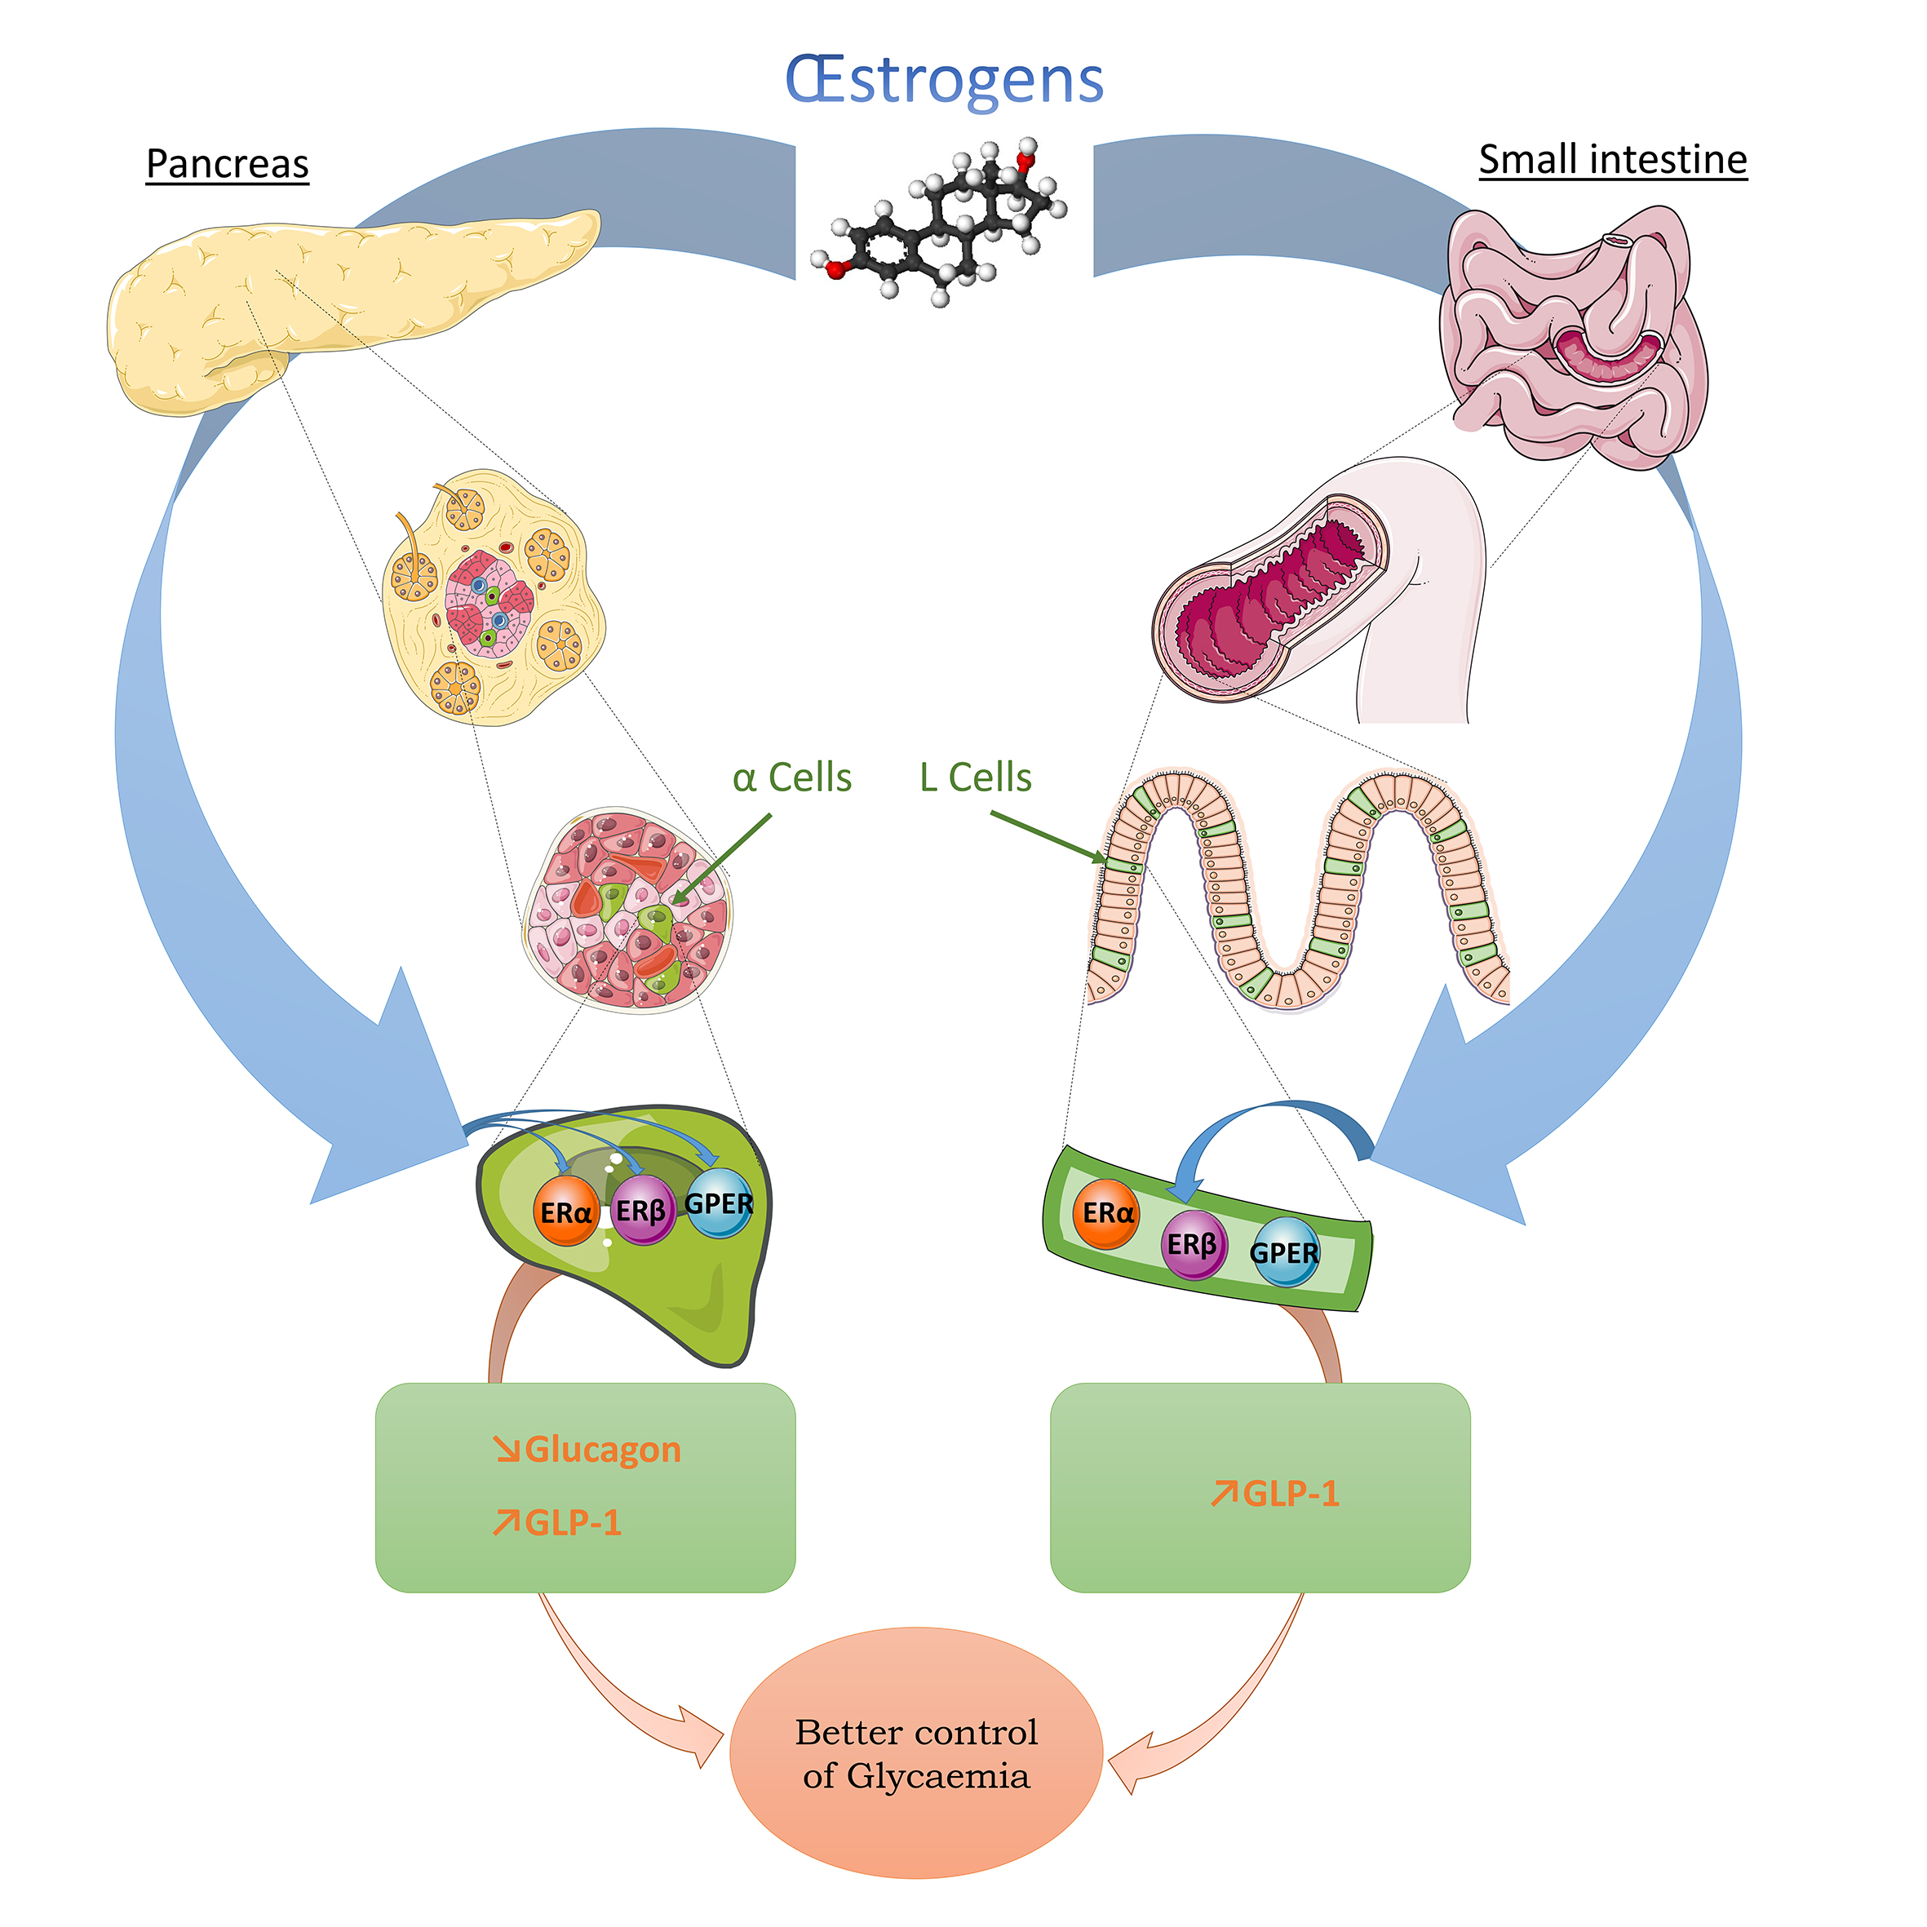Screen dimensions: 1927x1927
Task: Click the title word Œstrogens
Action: point(944,80)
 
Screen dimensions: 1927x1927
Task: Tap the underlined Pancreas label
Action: point(228,164)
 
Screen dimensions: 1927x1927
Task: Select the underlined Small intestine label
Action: point(1612,160)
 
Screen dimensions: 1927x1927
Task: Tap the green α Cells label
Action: point(792,778)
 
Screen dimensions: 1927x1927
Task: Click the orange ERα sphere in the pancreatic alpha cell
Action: point(565,1212)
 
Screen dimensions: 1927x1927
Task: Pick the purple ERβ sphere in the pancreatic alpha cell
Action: point(641,1211)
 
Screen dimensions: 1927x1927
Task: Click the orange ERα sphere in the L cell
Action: point(1107,1213)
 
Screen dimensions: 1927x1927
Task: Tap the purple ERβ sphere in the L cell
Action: point(1193,1245)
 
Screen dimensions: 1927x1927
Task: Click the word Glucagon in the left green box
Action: point(602,1449)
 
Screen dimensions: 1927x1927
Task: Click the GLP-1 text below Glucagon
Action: point(573,1522)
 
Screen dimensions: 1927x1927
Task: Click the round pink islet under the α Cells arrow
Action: point(627,910)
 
